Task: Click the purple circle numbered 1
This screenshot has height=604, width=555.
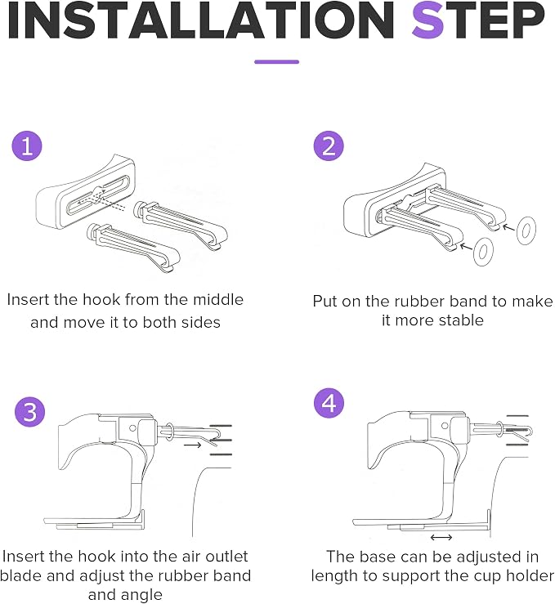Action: tap(27, 146)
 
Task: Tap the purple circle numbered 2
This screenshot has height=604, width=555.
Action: tap(329, 146)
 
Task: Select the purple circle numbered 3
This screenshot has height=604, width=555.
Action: tap(29, 412)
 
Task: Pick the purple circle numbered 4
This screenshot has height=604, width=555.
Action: tap(329, 403)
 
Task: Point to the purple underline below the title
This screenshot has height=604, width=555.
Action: tap(276, 61)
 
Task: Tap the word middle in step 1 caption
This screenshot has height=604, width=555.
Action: tap(218, 300)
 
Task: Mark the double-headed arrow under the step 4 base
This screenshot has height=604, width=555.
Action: tap(441, 537)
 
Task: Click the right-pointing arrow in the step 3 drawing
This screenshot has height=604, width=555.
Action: tap(193, 445)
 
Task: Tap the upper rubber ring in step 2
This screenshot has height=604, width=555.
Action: tap(526, 230)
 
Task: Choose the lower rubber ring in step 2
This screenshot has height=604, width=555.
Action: tap(483, 252)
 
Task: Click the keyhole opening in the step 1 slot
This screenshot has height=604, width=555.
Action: tap(99, 194)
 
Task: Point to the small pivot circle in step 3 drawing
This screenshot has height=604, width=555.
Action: tap(132, 428)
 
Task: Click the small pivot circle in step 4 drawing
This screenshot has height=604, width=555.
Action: tap(445, 426)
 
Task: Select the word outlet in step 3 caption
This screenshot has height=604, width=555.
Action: tap(226, 557)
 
